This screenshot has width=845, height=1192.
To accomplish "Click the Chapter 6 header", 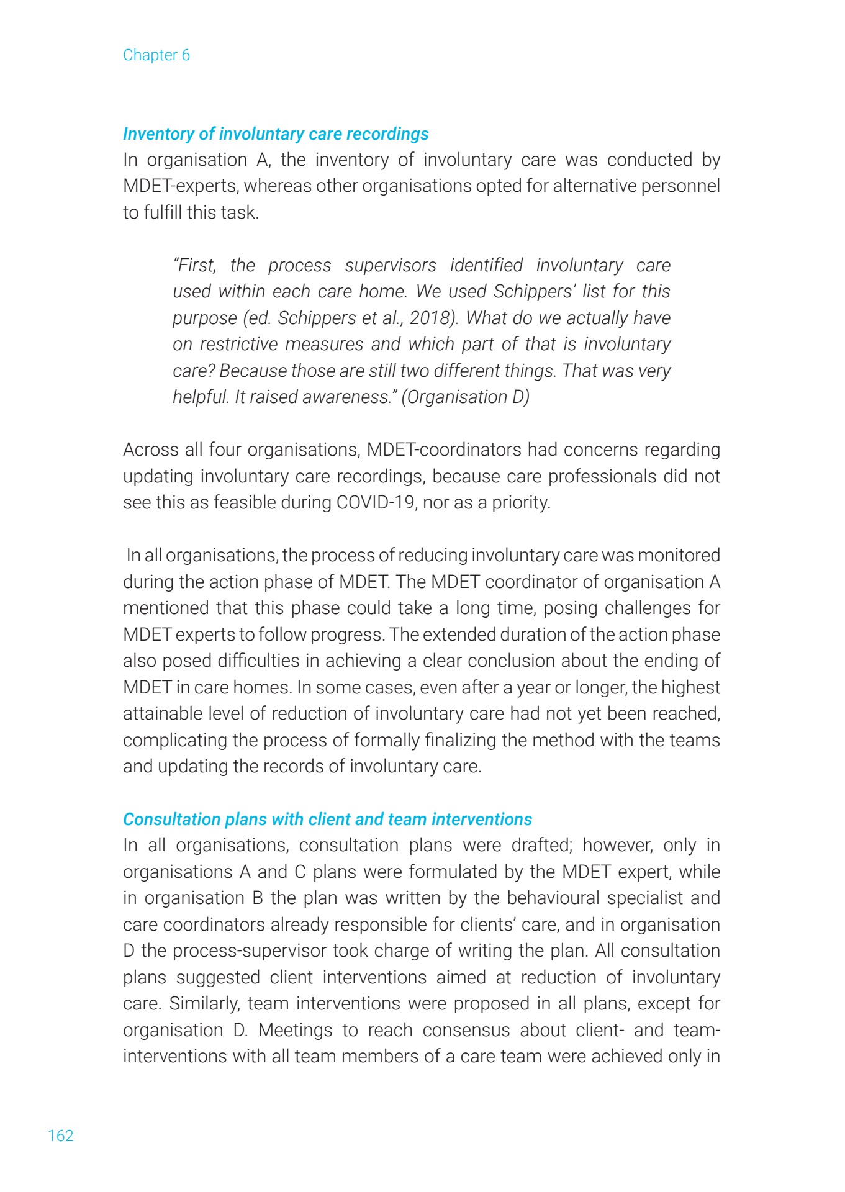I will point(156,55).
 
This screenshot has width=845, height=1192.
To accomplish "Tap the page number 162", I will point(61,1136).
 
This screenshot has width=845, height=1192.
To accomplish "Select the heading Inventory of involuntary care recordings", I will point(276,134).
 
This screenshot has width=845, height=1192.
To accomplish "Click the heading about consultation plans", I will point(327,819).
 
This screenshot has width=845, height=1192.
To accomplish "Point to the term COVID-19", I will point(376,502).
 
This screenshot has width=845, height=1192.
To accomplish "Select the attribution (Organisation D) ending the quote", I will point(466,397).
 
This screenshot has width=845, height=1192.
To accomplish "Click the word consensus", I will point(466,1030).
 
